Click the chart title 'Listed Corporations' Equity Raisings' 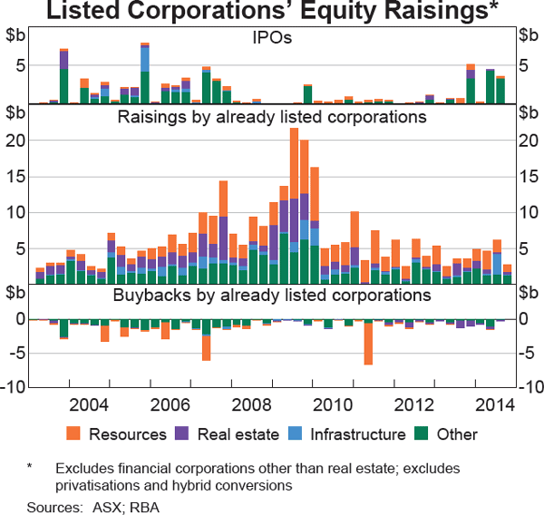coord(272,13)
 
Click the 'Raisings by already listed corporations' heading coord(272,118)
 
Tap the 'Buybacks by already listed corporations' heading coord(272,296)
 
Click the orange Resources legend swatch coord(74,434)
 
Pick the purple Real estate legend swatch coord(187,434)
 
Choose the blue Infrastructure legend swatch coord(298,434)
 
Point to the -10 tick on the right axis coord(528,388)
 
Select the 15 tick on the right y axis coord(528,176)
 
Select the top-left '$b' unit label coord(16,35)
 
